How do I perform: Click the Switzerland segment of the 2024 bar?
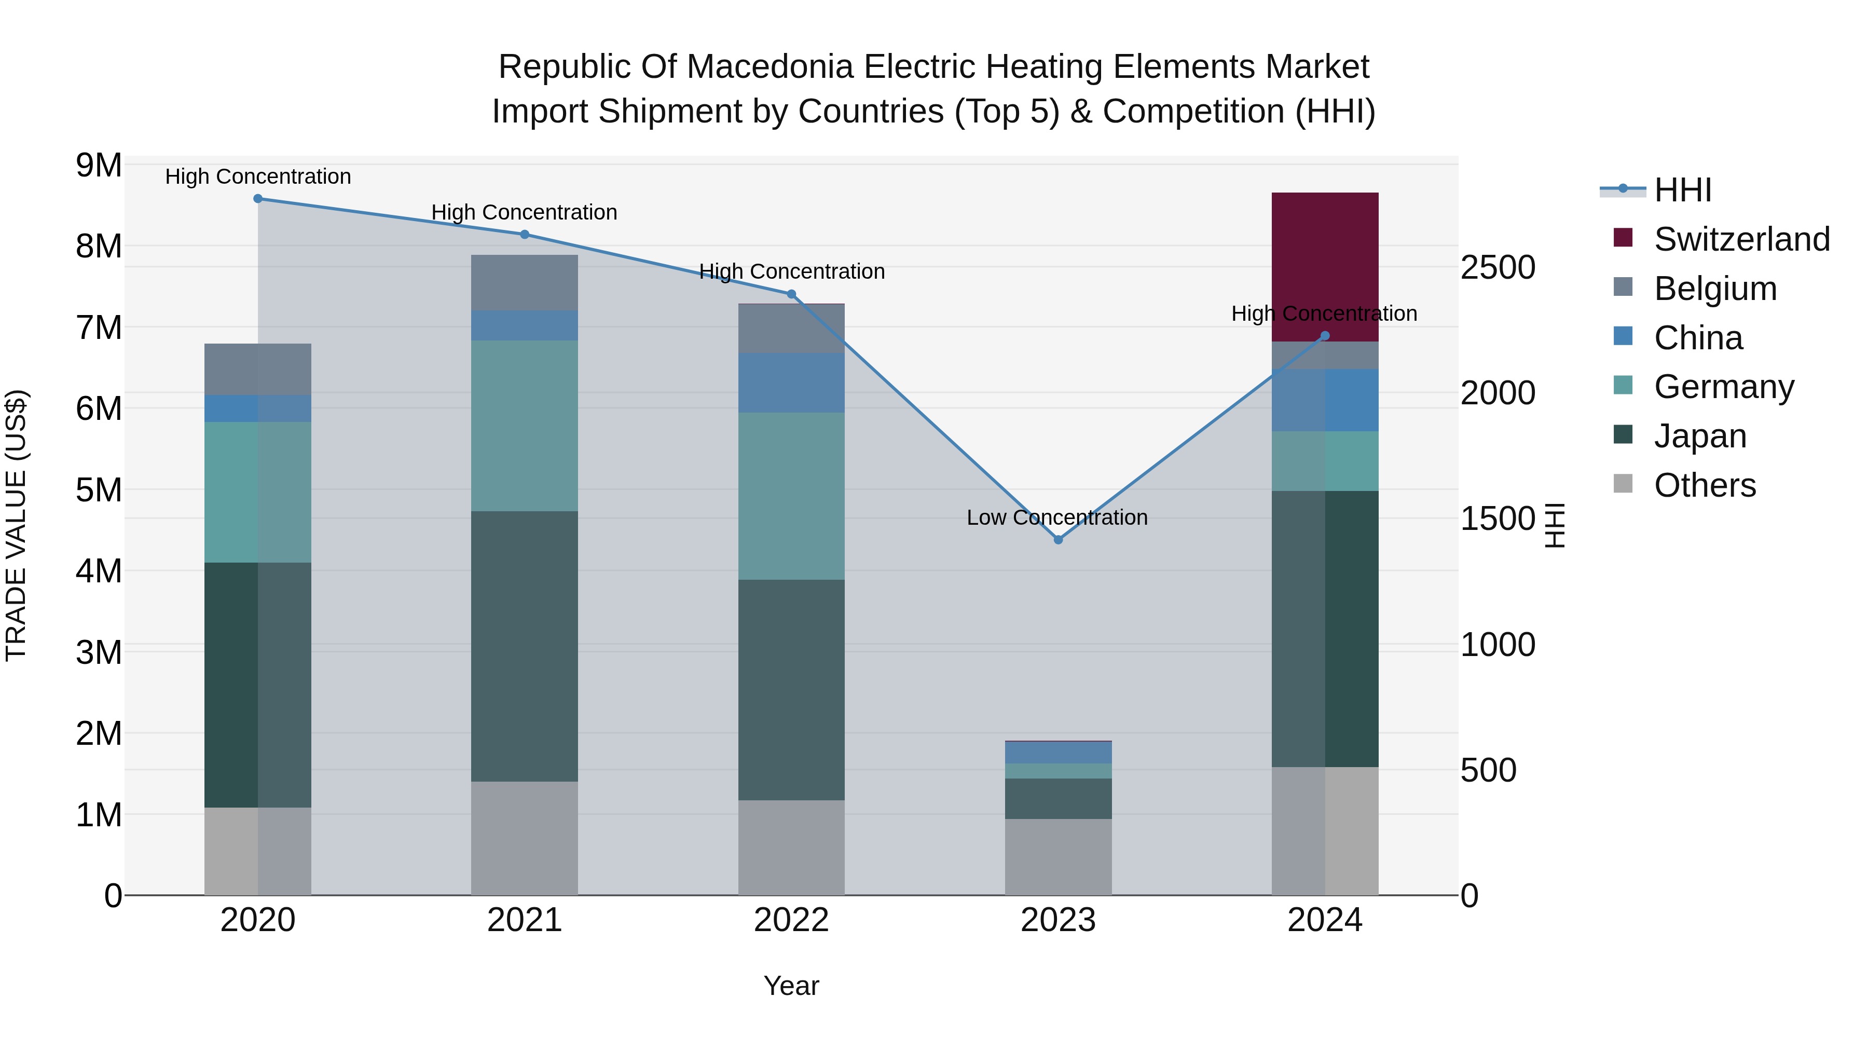(x=1324, y=266)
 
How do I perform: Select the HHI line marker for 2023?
(x=1058, y=540)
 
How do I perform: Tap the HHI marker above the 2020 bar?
(x=258, y=199)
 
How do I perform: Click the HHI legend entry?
(x=1682, y=190)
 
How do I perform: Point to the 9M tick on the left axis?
(x=99, y=166)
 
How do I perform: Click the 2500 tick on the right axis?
(x=1498, y=268)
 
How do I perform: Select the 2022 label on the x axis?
(x=791, y=920)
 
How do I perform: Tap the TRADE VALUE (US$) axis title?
(x=16, y=525)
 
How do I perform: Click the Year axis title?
(x=791, y=986)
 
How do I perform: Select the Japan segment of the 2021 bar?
(x=524, y=646)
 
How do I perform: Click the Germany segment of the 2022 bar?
(x=791, y=496)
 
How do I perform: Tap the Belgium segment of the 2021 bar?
(x=524, y=283)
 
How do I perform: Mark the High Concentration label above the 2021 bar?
(x=524, y=212)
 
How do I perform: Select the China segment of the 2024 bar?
(x=1324, y=400)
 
